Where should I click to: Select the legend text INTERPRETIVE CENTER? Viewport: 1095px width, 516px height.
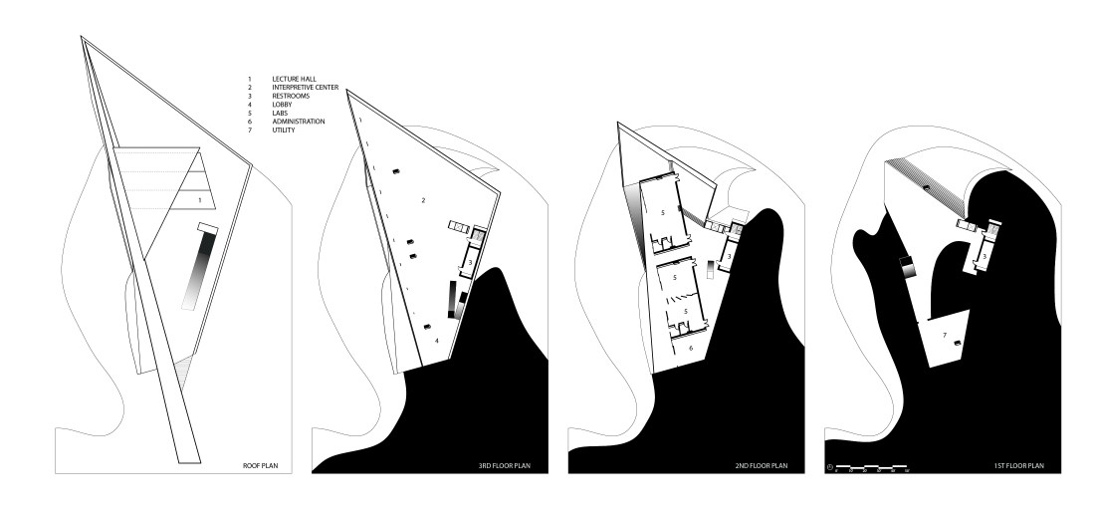306,87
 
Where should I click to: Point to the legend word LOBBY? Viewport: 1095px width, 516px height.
283,105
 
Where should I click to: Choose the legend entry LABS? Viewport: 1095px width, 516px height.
281,114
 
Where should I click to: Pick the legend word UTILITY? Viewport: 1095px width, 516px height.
284,130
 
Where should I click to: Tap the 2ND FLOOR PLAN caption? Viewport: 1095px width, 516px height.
764,465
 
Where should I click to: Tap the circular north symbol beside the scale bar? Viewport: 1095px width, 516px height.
829,466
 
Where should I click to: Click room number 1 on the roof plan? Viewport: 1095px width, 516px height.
200,201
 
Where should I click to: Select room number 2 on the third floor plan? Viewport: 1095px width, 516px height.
424,200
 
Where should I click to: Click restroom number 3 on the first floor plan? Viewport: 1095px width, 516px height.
984,257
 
